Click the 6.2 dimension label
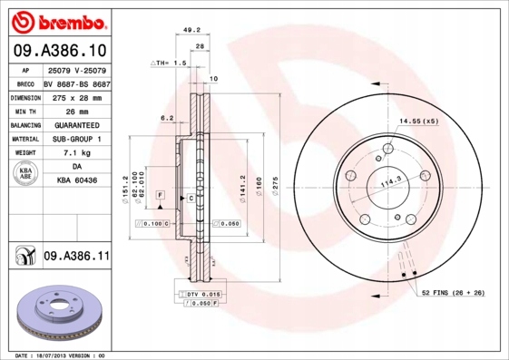click(166, 118)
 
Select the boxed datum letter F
click(159, 195)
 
